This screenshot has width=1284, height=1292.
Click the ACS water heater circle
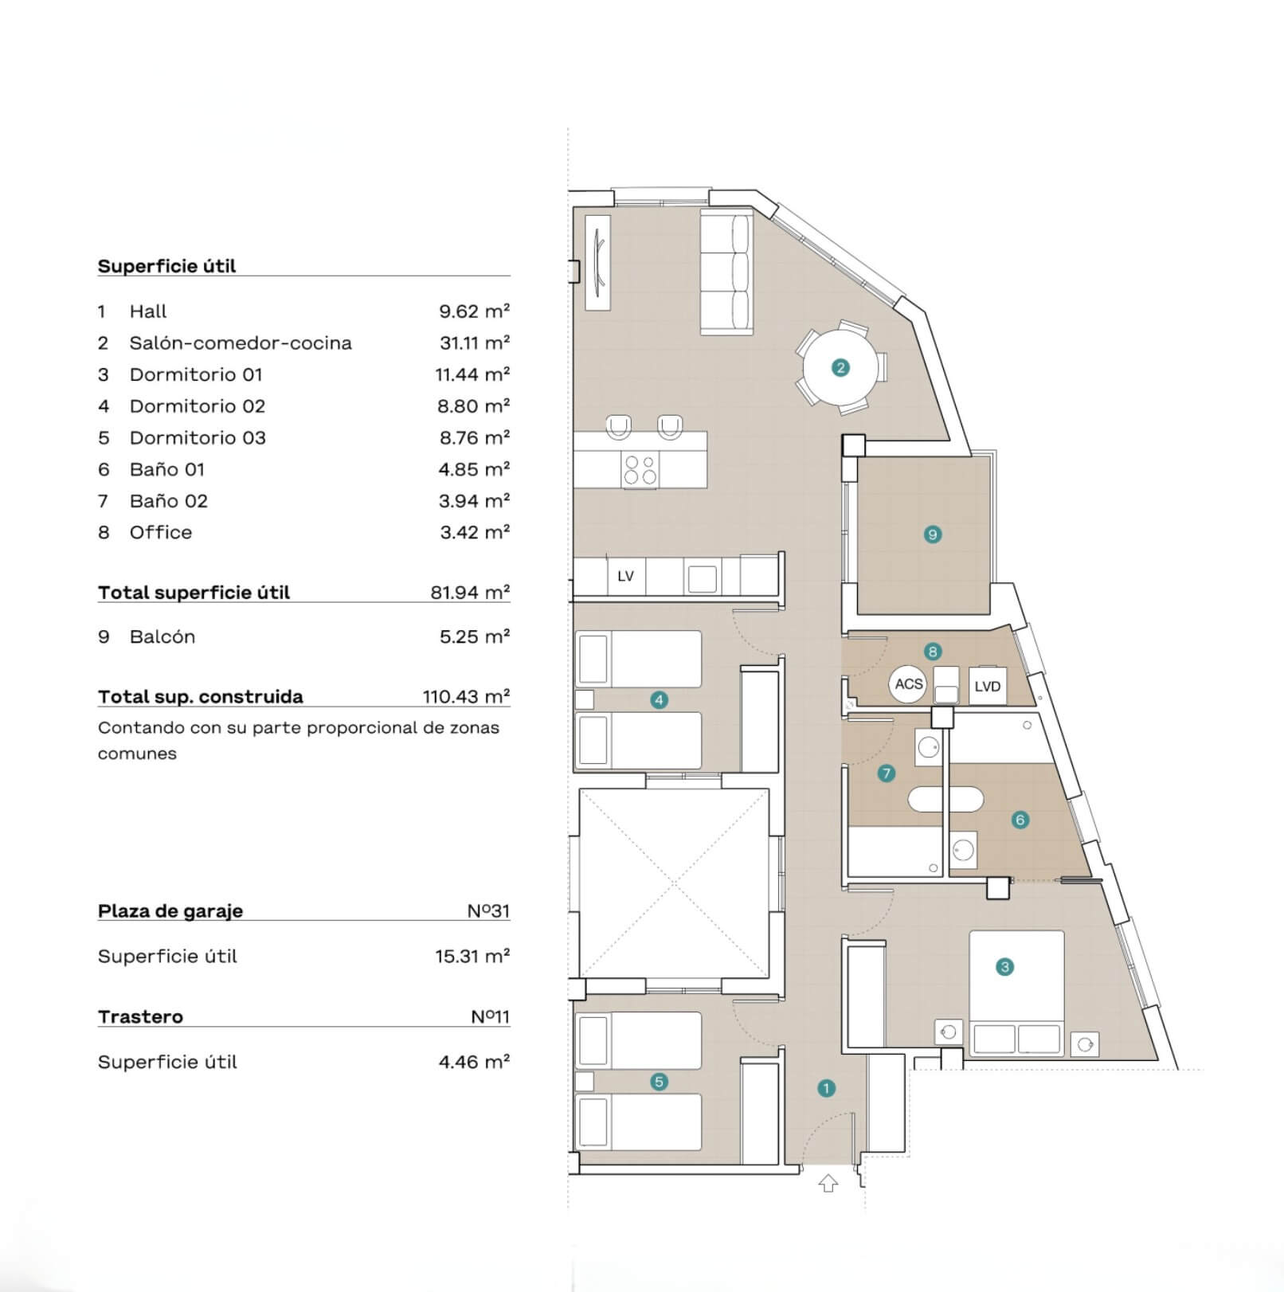pyautogui.click(x=909, y=684)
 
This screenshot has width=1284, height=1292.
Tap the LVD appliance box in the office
pyautogui.click(x=987, y=686)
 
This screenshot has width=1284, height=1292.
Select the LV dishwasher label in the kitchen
pyautogui.click(x=625, y=576)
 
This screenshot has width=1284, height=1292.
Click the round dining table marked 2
pyautogui.click(x=840, y=367)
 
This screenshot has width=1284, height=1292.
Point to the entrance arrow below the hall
pyautogui.click(x=828, y=1184)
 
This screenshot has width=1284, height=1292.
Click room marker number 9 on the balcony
pyautogui.click(x=933, y=534)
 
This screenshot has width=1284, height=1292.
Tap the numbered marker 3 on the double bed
pyautogui.click(x=1005, y=967)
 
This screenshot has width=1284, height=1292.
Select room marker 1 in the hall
pyautogui.click(x=826, y=1088)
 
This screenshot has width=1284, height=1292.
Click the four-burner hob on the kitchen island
pyautogui.click(x=640, y=469)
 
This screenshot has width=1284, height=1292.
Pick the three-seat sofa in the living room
pyautogui.click(x=726, y=271)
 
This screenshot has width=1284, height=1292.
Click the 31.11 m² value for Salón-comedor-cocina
pyautogui.click(x=475, y=343)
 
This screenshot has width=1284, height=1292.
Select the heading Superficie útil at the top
pyautogui.click(x=166, y=266)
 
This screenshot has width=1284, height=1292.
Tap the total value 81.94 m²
pyautogui.click(x=470, y=592)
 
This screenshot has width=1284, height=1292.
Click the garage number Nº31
pyautogui.click(x=488, y=910)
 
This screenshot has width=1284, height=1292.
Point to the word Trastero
pyautogui.click(x=140, y=1016)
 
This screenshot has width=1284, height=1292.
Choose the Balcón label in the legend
pyautogui.click(x=162, y=636)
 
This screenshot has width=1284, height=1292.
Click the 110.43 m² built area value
pyautogui.click(x=466, y=696)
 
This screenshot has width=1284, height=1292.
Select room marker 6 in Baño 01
pyautogui.click(x=1020, y=820)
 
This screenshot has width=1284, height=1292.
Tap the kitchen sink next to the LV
pyautogui.click(x=702, y=578)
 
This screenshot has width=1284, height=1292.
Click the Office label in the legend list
pyautogui.click(x=161, y=532)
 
